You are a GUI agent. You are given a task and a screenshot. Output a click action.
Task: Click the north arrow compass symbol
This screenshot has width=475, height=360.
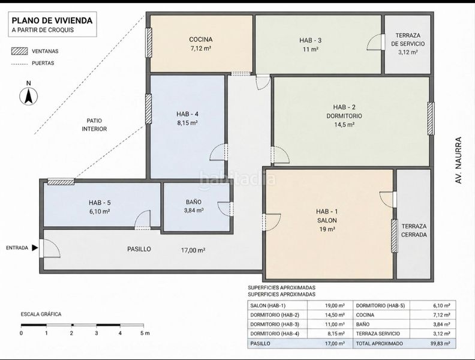click(28, 97)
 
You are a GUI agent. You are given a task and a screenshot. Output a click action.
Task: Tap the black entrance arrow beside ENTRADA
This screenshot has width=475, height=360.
click(35, 248)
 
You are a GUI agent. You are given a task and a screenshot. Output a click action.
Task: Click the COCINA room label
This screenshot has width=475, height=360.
click(201, 40)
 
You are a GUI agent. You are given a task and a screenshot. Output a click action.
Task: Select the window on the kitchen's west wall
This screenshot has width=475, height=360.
click(149, 43)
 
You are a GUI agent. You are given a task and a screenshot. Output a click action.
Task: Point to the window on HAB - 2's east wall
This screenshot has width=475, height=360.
click(431, 118)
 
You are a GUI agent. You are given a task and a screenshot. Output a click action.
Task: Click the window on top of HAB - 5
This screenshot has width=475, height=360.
click(61, 182)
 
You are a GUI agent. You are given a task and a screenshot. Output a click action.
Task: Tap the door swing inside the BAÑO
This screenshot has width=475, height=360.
click(224, 209)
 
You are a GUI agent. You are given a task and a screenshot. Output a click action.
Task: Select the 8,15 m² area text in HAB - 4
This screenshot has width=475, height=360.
click(188, 123)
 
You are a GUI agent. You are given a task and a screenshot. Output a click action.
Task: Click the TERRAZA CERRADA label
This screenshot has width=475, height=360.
click(414, 230)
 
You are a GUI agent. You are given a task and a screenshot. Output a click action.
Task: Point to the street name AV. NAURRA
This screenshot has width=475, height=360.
click(459, 160)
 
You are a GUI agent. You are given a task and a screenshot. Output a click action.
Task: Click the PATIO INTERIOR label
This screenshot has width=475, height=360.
click(94, 125)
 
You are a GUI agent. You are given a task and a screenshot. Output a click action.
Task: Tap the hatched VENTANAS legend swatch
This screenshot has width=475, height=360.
click(19, 51)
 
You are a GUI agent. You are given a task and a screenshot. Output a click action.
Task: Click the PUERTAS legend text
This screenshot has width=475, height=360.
click(43, 64)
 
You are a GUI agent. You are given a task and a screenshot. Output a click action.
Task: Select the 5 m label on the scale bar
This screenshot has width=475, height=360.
click(145, 334)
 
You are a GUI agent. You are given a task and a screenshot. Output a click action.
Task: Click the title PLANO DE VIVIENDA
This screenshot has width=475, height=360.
click(52, 20)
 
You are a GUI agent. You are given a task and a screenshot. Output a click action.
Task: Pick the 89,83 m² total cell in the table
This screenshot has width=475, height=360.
click(440, 344)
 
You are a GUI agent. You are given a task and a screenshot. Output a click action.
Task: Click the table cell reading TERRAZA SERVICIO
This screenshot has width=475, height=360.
click(378, 334)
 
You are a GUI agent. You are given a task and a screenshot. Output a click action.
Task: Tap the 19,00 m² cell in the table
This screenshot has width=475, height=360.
click(335, 306)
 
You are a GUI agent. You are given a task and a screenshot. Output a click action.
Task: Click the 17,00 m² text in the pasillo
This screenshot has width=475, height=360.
click(193, 250)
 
